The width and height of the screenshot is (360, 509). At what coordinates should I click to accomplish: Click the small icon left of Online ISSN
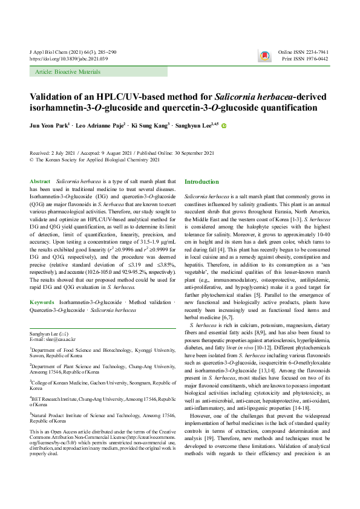pyautogui.click(x=264, y=56)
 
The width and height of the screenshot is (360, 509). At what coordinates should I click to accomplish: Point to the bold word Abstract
pyautogui.click(x=40, y=181)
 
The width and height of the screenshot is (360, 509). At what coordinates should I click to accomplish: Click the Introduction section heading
pyautogui.click(x=201, y=182)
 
